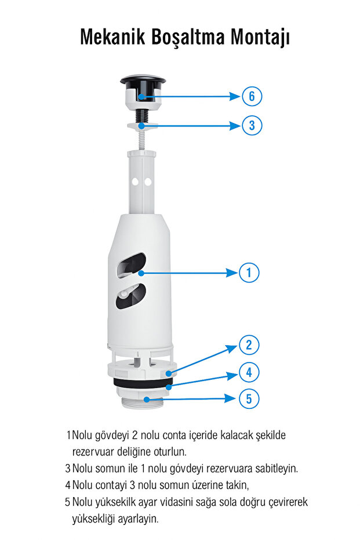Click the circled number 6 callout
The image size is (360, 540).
[252, 96]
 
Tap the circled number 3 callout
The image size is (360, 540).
[252, 125]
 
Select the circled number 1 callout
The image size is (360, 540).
[249, 273]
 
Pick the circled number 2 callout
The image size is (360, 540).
[249, 345]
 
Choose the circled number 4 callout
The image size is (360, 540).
[249, 372]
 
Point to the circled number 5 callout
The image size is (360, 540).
[249, 399]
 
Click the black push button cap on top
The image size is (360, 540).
[143, 81]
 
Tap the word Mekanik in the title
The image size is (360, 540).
[112, 37]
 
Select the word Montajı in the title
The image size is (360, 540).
[260, 38]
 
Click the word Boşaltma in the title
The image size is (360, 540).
[188, 38]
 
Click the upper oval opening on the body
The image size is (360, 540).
[131, 264]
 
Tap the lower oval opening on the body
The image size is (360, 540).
[131, 296]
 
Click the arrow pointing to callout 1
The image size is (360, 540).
[190, 273]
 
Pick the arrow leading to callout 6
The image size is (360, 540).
[190, 96]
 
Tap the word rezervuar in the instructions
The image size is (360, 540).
[93, 451]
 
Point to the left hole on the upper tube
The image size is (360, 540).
[136, 181]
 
